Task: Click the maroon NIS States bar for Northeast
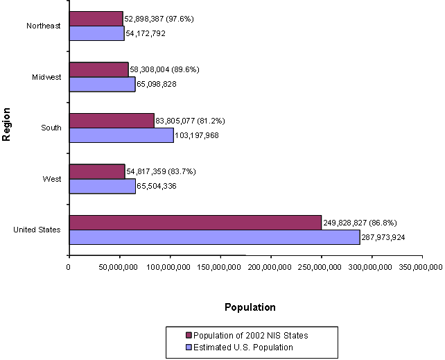coord(96,19)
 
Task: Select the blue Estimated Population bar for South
coord(121,135)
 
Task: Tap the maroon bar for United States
coord(195,222)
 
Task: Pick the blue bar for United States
coord(214,237)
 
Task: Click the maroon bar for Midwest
coord(98,69)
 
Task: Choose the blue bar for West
coord(102,186)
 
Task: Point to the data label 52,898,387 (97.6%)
coord(159,19)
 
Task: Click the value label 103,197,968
coord(197,135)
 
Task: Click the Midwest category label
coord(47,77)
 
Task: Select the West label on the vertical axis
coord(52,179)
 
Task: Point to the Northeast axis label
coord(44,26)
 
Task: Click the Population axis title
coord(250,307)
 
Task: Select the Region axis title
coord(7,124)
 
